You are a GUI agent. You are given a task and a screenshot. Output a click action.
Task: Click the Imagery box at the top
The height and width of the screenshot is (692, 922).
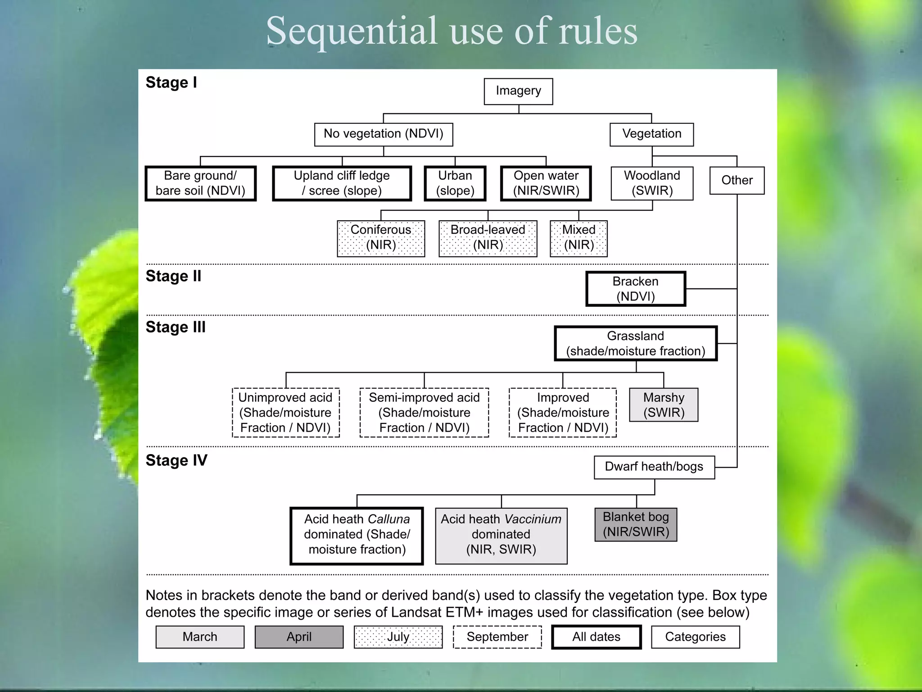click(518, 91)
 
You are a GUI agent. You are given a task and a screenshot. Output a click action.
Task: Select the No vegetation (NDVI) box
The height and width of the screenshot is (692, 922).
click(384, 134)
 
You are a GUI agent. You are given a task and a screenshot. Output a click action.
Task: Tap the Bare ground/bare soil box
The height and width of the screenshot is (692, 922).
click(200, 183)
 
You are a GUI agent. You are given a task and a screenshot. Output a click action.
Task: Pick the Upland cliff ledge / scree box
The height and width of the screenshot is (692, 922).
click(342, 183)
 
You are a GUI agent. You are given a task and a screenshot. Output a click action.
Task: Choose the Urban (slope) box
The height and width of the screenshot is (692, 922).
click(455, 183)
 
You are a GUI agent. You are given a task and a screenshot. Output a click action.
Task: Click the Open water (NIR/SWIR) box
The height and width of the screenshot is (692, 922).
click(546, 183)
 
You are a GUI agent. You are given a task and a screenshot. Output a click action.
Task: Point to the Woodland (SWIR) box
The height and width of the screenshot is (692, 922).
click(652, 183)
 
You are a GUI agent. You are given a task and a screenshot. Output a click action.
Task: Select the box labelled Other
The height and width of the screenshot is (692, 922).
click(737, 181)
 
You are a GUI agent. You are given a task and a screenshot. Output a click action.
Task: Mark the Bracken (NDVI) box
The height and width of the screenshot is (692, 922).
click(636, 289)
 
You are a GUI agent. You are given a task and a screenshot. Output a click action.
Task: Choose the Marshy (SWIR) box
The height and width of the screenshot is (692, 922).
click(664, 405)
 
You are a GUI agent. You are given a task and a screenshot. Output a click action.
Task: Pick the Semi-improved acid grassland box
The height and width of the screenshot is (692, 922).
click(424, 413)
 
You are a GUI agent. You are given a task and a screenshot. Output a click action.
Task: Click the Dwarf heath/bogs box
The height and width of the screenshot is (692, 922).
click(654, 467)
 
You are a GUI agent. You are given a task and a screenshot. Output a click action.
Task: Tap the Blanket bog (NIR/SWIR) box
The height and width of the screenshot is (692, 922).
click(636, 525)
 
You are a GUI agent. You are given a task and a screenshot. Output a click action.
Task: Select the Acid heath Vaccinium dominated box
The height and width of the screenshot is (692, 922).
click(501, 536)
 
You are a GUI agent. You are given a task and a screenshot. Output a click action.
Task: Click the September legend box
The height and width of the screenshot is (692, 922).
click(497, 637)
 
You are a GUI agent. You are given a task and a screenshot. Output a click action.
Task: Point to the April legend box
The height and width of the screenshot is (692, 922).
click(299, 637)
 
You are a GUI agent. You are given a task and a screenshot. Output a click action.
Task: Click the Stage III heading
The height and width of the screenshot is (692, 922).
click(176, 327)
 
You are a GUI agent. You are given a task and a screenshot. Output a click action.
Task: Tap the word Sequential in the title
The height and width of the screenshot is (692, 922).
click(352, 31)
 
